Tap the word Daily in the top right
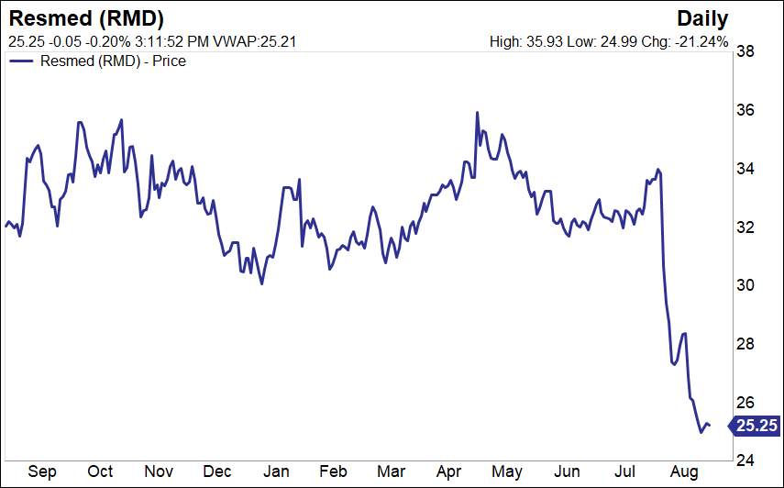(702, 18)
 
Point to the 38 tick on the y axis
(746, 52)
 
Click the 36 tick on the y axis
(746, 110)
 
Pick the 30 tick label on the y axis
(746, 285)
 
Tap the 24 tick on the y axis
(746, 460)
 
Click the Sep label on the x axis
(42, 471)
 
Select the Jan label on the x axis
(276, 471)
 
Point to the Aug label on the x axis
(684, 471)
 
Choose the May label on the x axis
(506, 471)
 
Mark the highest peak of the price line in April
(478, 113)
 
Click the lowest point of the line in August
(701, 431)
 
